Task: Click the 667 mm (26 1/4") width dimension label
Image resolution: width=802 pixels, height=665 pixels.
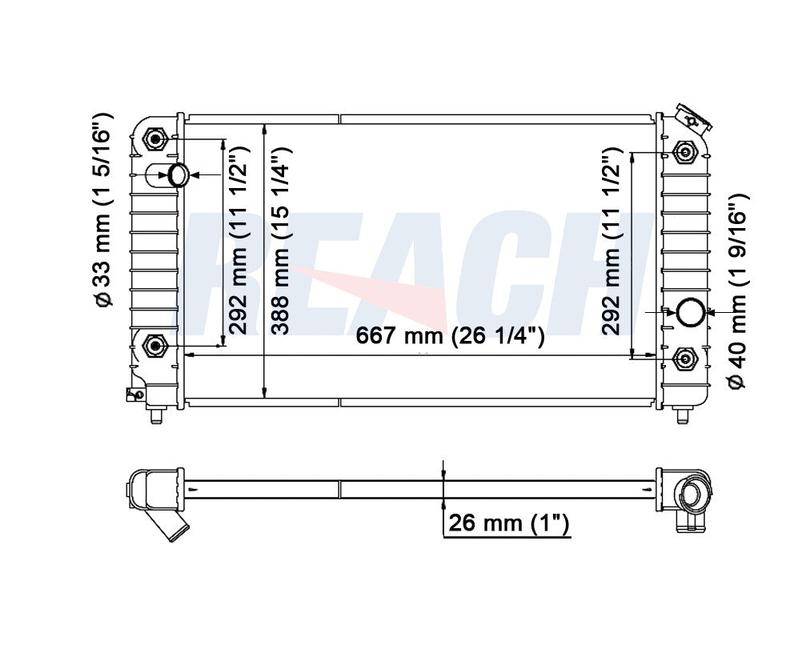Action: (x=450, y=336)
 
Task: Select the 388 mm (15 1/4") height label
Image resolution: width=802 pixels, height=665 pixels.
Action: (x=281, y=241)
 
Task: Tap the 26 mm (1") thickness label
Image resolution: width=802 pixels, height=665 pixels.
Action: (x=508, y=523)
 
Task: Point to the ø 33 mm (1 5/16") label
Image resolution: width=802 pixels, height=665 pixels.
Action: (x=102, y=210)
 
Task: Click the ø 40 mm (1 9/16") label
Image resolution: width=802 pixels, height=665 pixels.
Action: (x=737, y=290)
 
